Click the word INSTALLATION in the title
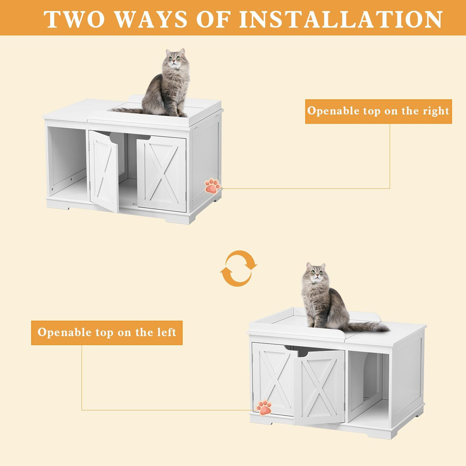tap(341, 19)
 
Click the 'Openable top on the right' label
tap(378, 111)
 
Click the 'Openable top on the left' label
tap(107, 332)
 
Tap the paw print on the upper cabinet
tap(212, 186)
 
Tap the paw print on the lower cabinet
tap(264, 407)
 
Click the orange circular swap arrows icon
tap(238, 268)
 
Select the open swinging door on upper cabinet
tap(104, 171)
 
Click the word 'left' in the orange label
tap(167, 332)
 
